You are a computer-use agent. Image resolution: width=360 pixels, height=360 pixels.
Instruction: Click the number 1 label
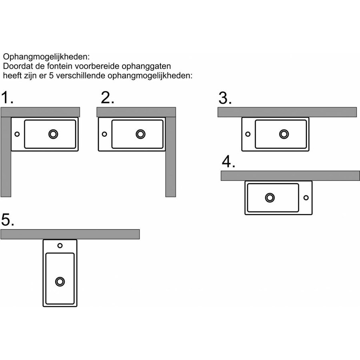[7, 98]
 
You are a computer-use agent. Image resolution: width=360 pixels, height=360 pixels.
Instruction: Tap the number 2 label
[107, 98]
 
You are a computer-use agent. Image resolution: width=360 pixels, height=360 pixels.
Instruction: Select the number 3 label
[225, 98]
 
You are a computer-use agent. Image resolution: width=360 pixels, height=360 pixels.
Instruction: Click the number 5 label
[8, 220]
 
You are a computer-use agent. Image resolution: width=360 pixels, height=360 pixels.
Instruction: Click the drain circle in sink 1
[53, 134]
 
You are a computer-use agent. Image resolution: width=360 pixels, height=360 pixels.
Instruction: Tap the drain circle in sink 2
[140, 134]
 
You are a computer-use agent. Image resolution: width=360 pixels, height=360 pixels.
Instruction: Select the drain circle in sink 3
[284, 134]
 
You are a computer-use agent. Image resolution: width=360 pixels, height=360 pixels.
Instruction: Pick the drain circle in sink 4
[270, 197]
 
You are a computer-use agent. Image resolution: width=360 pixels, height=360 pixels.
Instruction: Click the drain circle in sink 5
[60, 282]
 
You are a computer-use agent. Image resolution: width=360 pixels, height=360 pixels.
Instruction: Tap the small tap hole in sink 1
[17, 134]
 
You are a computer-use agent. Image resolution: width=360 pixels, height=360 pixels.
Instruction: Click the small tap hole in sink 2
[104, 134]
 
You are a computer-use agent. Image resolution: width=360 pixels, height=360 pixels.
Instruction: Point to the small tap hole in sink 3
[248, 134]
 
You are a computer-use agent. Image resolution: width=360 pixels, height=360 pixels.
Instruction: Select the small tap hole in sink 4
[306, 197]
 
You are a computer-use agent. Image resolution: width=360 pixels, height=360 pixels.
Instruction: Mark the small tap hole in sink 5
[60, 246]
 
